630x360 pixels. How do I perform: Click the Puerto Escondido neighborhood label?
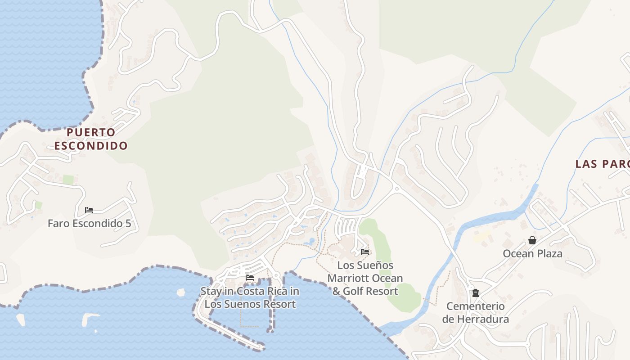click(x=91, y=139)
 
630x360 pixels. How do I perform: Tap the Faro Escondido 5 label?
click(x=89, y=223)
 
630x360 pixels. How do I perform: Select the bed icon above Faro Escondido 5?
click(x=89, y=210)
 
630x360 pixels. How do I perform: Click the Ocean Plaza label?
click(x=532, y=254)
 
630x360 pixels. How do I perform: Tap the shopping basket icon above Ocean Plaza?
click(x=532, y=241)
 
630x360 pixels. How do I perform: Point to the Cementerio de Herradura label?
click(x=475, y=313)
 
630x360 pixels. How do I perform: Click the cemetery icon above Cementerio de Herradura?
click(x=475, y=293)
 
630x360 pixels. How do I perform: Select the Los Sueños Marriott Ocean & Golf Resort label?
click(x=365, y=278)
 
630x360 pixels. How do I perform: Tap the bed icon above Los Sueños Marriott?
click(x=365, y=252)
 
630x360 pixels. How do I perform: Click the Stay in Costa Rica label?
click(x=250, y=297)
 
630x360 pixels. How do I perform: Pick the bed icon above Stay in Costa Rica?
click(x=250, y=278)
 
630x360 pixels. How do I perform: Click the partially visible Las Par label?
click(x=603, y=164)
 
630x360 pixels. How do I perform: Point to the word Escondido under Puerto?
click(x=91, y=146)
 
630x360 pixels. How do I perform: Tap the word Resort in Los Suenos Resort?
click(x=279, y=304)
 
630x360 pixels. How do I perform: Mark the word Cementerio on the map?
click(x=475, y=306)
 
